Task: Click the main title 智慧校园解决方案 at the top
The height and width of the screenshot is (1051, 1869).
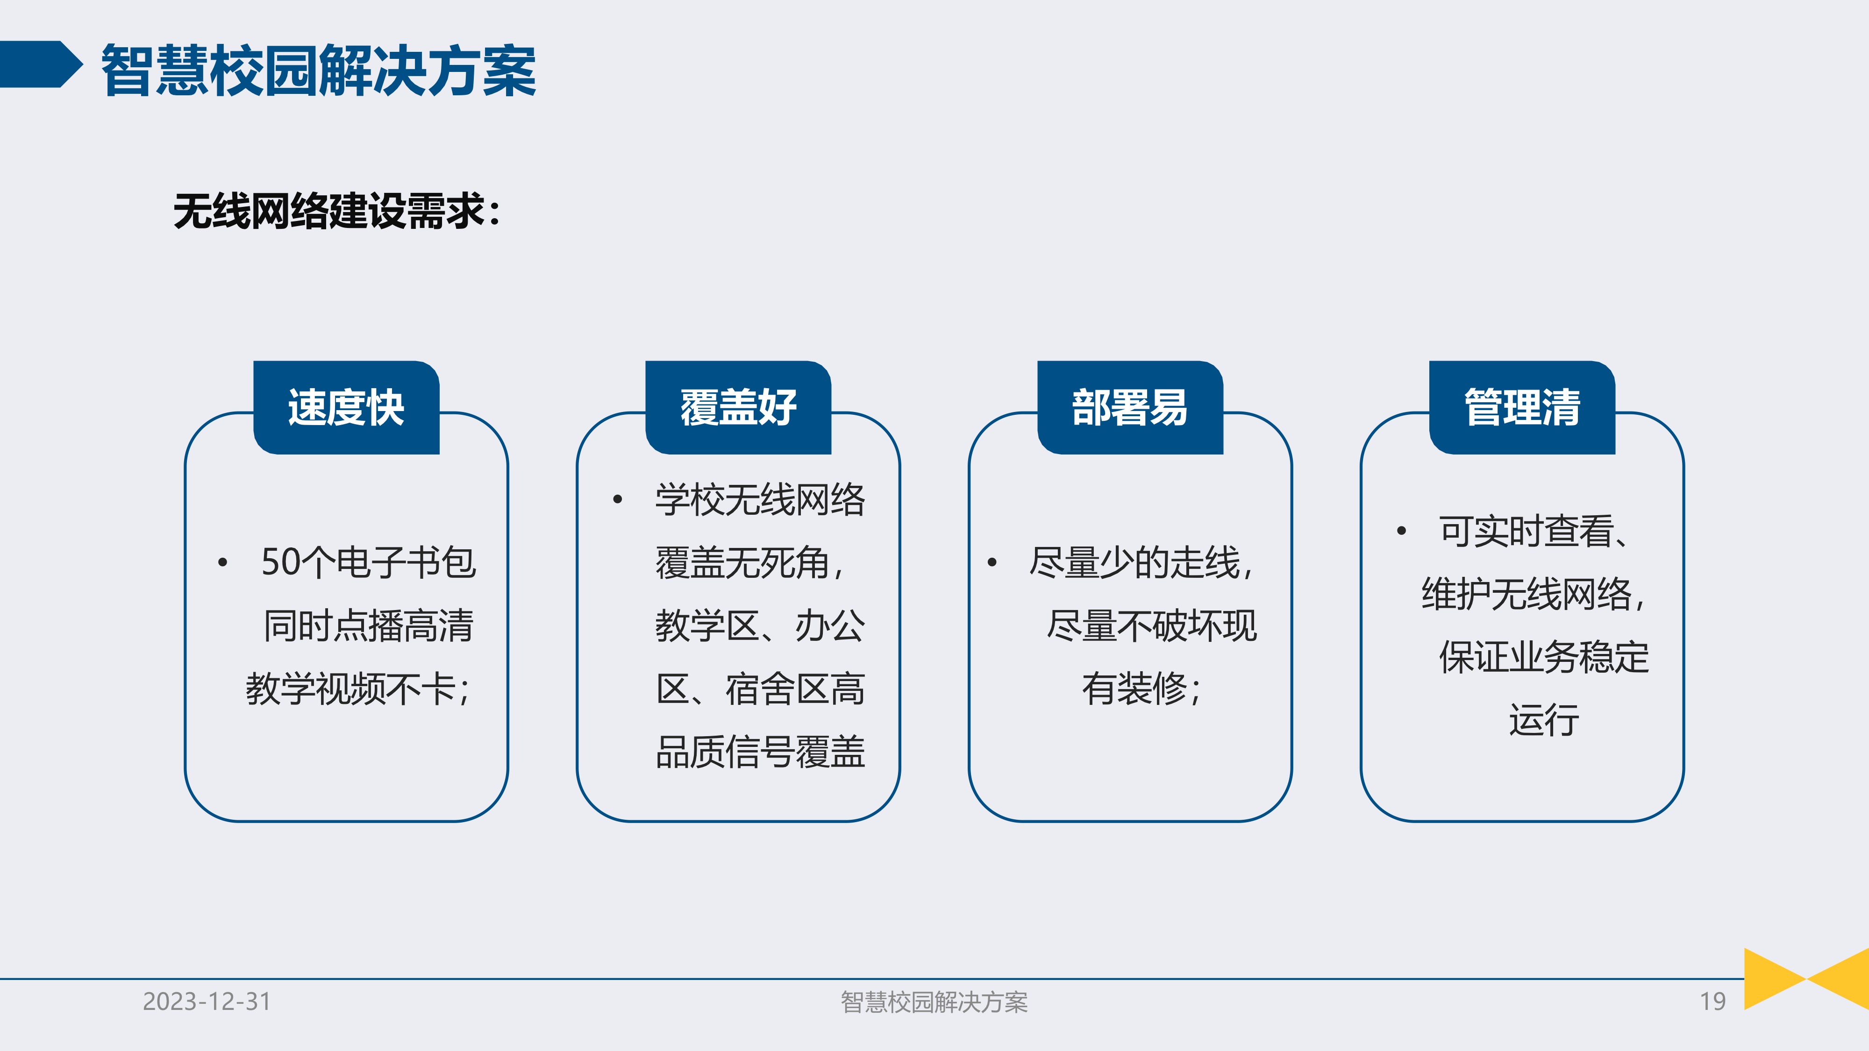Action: (318, 71)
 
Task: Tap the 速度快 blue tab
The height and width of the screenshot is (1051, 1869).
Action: (346, 408)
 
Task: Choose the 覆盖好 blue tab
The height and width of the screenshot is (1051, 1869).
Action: (738, 408)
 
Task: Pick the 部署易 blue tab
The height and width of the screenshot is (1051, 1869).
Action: (1130, 408)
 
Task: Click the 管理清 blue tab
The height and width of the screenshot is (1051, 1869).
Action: (1521, 408)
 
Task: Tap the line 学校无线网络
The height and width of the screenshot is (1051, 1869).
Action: (760, 500)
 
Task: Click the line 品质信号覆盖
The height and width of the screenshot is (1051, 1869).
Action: (760, 752)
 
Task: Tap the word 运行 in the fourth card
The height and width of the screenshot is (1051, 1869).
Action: (1543, 720)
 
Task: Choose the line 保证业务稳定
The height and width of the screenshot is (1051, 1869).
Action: (1543, 657)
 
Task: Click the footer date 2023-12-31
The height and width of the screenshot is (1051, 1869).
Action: (207, 1001)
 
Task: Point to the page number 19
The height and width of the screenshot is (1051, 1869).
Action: (1712, 1001)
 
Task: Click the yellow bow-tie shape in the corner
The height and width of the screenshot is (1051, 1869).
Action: (1806, 979)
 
